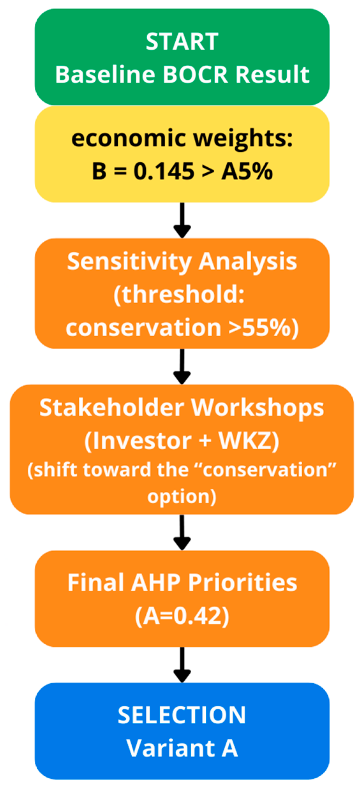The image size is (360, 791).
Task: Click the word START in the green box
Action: coord(182,41)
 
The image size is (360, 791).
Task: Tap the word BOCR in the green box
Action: coord(195,74)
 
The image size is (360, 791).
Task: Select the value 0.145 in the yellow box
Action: coord(164,171)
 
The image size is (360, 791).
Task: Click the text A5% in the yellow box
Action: coord(247,171)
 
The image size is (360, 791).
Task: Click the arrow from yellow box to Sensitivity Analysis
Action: coord(182,220)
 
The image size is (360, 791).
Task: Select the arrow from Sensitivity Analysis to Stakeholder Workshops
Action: coord(182,366)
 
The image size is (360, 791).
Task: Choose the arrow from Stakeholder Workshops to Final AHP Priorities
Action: coord(182,532)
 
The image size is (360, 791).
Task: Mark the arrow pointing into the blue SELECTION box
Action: coord(182,664)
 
